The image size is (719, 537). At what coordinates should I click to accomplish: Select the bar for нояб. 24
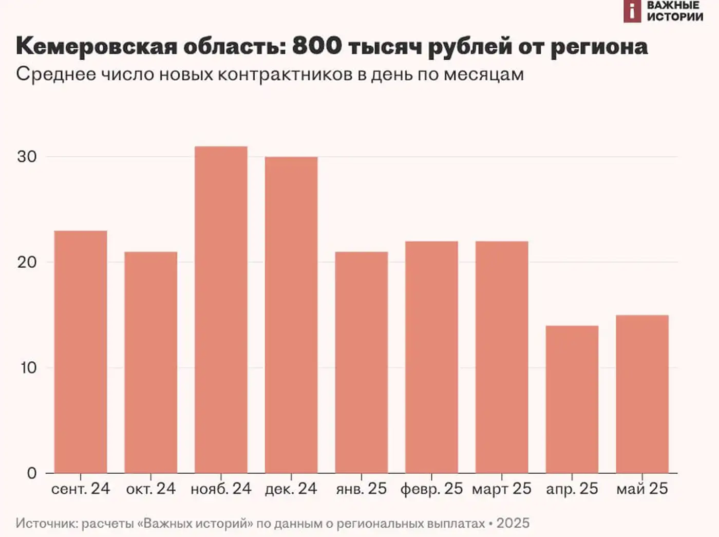pos(221,309)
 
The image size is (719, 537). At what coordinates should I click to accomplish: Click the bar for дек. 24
pos(291,314)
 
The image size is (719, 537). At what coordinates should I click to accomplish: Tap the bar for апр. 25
pos(572,399)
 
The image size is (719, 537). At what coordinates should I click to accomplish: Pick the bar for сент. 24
pos(81,351)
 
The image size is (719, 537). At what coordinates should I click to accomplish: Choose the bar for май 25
pos(642,394)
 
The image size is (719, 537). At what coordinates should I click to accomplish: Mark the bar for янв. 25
pos(361,362)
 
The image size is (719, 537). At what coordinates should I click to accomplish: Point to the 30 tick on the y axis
pos(27,157)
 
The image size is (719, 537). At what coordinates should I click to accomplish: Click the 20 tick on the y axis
pos(27,262)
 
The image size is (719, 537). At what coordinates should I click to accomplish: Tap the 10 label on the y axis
pos(28,368)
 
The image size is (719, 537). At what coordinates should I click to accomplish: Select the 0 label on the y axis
pos(32,473)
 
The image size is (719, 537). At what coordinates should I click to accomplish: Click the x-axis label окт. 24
pos(150,489)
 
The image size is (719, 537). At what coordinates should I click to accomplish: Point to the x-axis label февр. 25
pos(431,489)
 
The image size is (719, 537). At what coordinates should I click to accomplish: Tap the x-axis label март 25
pos(501,489)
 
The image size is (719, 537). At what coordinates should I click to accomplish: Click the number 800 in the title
pos(317,46)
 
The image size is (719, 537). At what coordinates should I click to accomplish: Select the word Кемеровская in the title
pos(96,46)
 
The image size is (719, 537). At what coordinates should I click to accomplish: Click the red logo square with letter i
pos(632,11)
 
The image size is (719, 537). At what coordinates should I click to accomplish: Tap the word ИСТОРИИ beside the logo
pos(675,17)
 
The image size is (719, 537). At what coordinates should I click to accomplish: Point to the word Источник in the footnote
pos(46,524)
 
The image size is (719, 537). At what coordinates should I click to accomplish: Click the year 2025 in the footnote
pos(513,524)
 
